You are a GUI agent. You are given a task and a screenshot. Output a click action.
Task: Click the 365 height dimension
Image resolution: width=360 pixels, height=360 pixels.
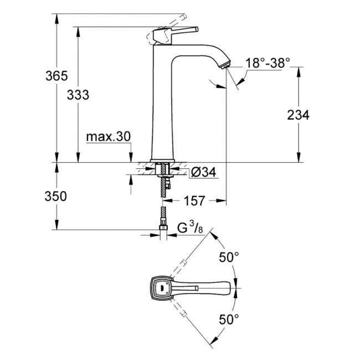pos(56,76)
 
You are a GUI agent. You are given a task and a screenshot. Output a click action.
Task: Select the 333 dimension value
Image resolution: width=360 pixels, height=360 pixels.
pos(78,95)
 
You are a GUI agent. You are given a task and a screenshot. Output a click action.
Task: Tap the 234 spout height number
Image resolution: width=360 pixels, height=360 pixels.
pos(298,115)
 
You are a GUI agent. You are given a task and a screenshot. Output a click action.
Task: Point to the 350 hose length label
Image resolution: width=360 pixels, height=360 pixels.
pos(55,196)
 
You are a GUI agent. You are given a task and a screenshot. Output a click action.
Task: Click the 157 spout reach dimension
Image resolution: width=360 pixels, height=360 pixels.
pos(194,200)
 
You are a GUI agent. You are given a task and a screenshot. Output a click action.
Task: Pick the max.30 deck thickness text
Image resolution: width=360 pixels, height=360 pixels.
pos(109,137)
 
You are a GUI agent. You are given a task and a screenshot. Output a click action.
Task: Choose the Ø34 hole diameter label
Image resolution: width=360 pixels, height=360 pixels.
pos(203,172)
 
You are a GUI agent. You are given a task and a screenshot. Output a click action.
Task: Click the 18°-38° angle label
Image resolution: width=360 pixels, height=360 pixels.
pos(268,63)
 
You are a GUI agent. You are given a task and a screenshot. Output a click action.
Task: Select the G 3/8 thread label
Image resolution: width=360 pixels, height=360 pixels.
pos(190,228)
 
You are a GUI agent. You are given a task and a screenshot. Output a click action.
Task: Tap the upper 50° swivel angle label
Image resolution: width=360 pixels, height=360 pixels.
pos(229,257)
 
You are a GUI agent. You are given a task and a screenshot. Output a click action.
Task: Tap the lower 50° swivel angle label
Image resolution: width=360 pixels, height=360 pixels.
pos(229,320)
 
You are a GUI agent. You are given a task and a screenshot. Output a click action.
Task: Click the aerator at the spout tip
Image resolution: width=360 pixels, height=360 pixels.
pos(224,65)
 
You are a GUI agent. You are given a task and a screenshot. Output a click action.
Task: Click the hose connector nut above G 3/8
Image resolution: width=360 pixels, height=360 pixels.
pos(163,227)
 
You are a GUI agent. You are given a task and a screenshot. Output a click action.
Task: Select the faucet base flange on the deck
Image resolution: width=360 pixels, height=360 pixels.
pos(162,161)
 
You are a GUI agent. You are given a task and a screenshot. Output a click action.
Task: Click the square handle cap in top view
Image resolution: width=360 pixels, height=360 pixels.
pos(161,287)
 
